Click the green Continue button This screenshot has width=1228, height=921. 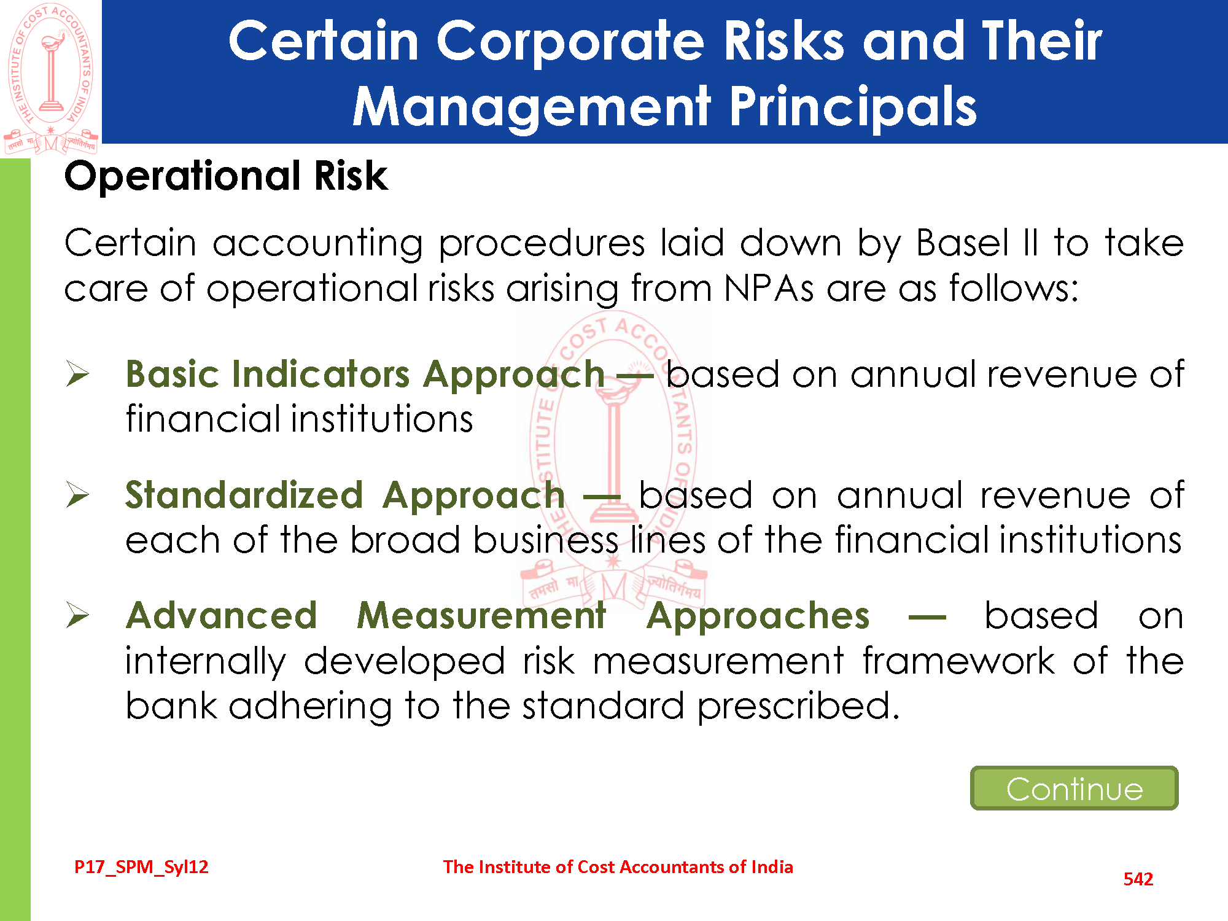[1074, 788]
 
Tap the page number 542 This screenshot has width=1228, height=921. [1138, 879]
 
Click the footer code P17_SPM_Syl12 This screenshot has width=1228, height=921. [141, 867]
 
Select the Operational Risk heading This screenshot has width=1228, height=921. [226, 176]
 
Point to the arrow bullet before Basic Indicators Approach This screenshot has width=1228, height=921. [78, 374]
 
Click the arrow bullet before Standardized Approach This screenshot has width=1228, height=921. [78, 495]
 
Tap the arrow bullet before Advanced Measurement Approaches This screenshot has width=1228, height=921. [78, 615]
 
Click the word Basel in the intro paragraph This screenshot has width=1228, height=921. [962, 243]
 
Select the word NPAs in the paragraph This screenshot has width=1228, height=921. [769, 288]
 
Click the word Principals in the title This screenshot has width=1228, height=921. [853, 107]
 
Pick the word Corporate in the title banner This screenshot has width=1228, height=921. [570, 42]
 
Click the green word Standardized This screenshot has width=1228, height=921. [244, 495]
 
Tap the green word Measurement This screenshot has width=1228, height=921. [482, 615]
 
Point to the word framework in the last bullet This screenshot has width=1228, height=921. [959, 661]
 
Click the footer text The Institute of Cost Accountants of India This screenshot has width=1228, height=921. [618, 867]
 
